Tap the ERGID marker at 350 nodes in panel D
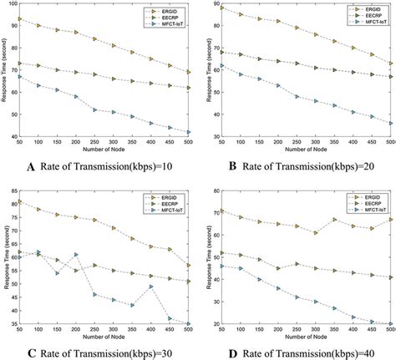pos(334,221)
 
